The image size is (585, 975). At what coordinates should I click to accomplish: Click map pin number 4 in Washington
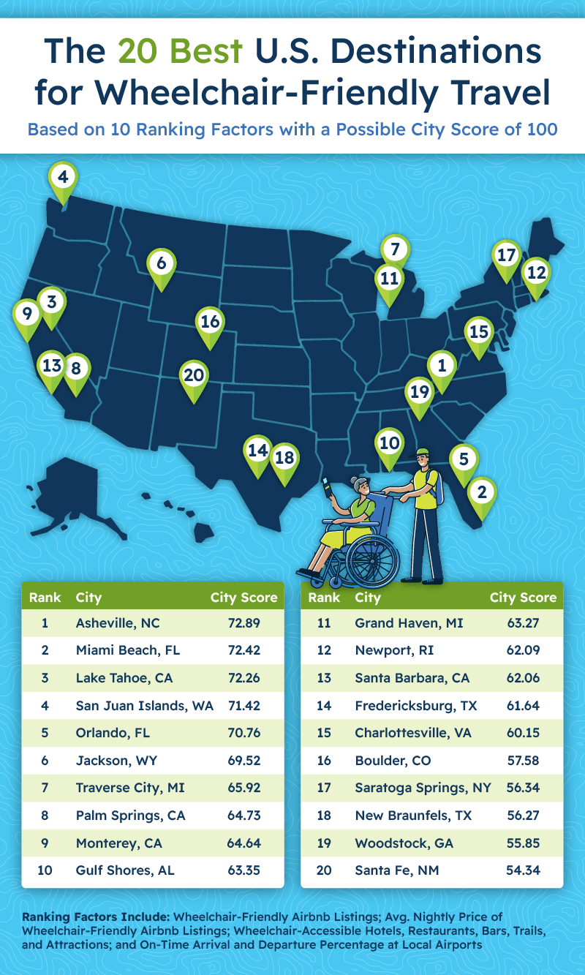[62, 178]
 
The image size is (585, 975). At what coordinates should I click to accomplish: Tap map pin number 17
[505, 255]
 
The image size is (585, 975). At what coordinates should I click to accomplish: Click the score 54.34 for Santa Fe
[523, 870]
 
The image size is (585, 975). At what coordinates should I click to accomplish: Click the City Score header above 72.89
[244, 598]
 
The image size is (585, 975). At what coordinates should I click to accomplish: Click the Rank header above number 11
[324, 598]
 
